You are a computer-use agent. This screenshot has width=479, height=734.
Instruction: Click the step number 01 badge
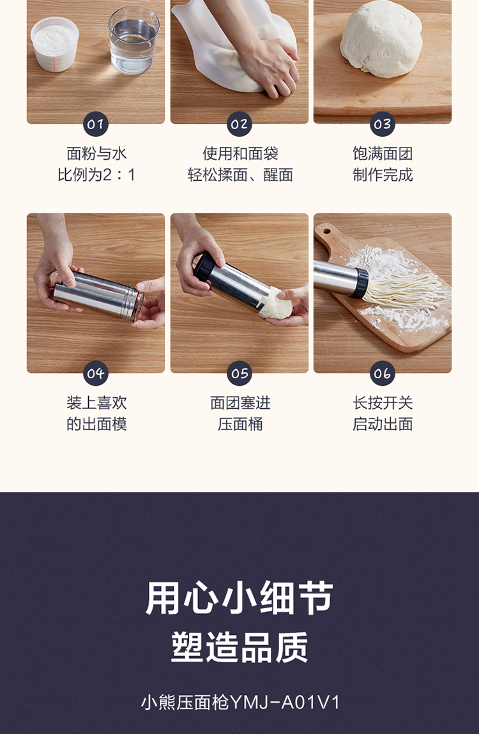pyautogui.click(x=96, y=124)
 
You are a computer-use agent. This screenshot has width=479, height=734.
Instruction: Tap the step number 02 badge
pyautogui.click(x=240, y=124)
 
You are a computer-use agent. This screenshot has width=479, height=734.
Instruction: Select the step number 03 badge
pyautogui.click(x=383, y=124)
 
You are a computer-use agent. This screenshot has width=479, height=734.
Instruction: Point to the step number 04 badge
pyautogui.click(x=96, y=373)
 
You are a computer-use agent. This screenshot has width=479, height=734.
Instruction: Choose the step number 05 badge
pyautogui.click(x=240, y=373)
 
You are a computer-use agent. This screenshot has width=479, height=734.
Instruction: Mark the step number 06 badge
pyautogui.click(x=383, y=373)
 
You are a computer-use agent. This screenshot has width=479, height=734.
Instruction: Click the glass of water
pyautogui.click(x=134, y=41)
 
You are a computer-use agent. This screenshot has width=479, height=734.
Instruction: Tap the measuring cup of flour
pyautogui.click(x=56, y=44)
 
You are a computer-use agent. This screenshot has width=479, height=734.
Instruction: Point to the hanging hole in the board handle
pyautogui.click(x=326, y=231)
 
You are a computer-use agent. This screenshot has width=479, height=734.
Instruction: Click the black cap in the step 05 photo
pyautogui.click(x=204, y=266)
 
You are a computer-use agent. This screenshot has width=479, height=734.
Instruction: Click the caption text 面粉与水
pyautogui.click(x=96, y=153)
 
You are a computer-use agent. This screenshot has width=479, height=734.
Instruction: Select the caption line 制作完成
pyautogui.click(x=383, y=174)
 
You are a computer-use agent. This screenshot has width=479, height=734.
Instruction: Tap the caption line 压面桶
pyautogui.click(x=240, y=424)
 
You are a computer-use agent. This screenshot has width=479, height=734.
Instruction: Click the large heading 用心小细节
pyautogui.click(x=240, y=598)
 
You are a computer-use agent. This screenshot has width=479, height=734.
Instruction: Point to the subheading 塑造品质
pyautogui.click(x=240, y=647)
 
